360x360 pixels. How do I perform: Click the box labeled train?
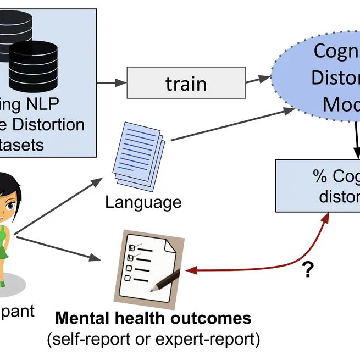pos(186,84)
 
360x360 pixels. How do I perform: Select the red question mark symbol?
pos(308,269)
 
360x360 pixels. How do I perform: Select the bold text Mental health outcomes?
pos(153,318)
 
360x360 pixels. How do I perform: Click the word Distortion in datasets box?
pos(55,124)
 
